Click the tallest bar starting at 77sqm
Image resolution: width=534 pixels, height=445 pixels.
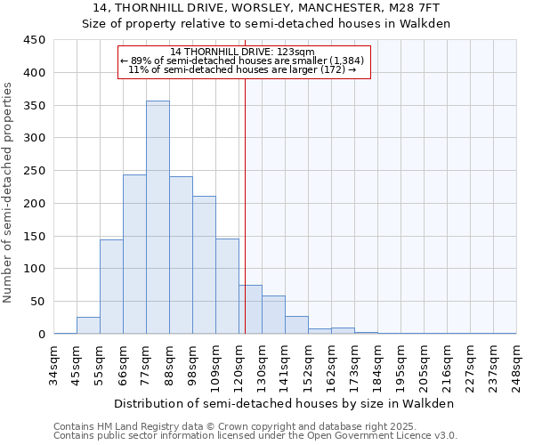pos(158,218)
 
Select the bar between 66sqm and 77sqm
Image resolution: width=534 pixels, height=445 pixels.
pos(134,255)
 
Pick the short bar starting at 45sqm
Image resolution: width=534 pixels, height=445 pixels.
pos(88,326)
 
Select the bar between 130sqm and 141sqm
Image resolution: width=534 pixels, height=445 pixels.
pos(273,315)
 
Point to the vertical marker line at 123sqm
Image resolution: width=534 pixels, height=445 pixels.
pos(245,205)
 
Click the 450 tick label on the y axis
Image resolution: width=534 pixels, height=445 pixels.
pos(35,40)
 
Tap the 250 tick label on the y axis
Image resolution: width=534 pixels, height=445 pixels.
pos(35,171)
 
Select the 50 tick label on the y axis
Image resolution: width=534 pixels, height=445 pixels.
pos(37,302)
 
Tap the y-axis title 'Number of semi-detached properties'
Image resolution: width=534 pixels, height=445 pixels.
pos(9,192)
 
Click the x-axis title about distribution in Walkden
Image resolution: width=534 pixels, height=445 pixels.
pos(285,403)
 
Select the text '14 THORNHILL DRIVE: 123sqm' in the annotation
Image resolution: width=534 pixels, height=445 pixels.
pos(243,52)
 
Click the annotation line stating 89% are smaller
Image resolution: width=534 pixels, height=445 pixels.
pos(243,61)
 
